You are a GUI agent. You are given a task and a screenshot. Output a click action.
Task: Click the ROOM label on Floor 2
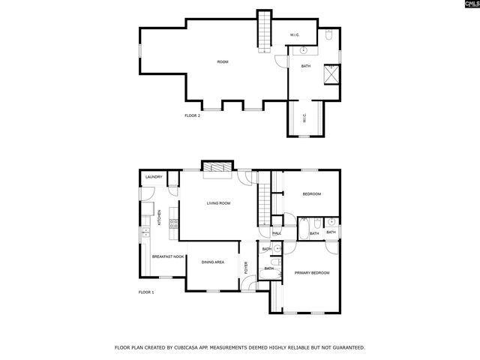pos(222,61)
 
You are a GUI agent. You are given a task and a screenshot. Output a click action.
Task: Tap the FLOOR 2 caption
pos(193,115)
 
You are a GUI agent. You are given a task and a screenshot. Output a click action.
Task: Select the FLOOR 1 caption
pos(146,292)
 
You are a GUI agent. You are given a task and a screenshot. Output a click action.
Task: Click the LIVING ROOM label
pos(218,203)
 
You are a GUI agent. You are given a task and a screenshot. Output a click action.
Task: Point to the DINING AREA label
pos(213,262)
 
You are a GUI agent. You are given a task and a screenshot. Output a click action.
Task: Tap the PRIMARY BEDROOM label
pos(311,273)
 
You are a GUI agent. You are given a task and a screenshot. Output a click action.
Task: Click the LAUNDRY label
pos(154,177)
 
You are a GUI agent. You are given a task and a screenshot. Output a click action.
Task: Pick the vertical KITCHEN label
pos(159,218)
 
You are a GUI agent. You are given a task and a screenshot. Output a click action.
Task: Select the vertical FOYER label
pos(245,265)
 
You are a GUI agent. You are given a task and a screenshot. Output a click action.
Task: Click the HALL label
pos(276,233)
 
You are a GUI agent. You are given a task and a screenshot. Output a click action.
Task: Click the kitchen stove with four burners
pos(174,223)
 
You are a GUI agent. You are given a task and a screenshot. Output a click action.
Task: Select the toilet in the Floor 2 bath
pos(330,34)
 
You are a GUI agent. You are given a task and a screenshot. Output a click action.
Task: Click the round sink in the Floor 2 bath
pos(304,51)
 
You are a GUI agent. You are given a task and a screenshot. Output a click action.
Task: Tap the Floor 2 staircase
pos(264,31)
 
